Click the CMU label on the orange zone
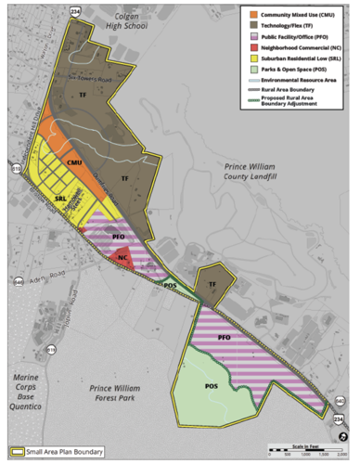coord(76,162)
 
